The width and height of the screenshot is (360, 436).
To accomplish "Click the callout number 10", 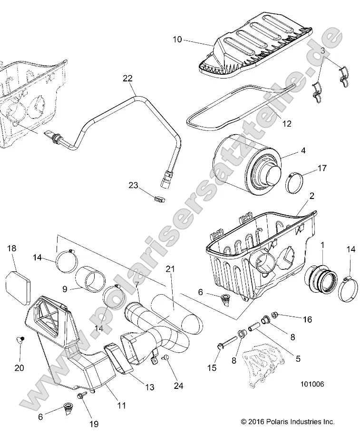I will tap(176, 40).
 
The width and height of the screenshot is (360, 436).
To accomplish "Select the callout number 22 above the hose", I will tap(128, 78).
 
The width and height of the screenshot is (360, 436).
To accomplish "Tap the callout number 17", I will tap(322, 168).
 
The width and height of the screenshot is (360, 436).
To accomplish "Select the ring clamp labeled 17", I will tap(299, 182).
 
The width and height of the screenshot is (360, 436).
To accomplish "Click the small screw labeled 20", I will tap(20, 339).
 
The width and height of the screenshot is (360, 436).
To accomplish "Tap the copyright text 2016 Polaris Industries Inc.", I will tap(288, 421).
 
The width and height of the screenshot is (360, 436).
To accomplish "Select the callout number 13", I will tap(149, 387).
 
